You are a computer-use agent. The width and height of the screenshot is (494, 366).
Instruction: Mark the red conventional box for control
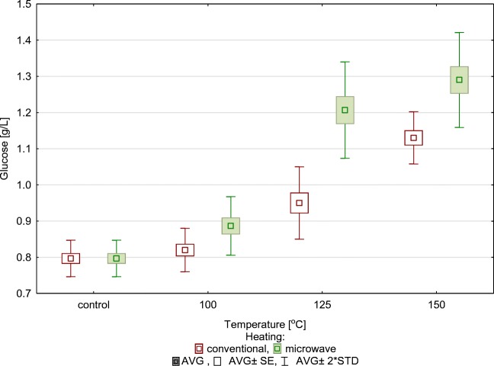coord(70,258)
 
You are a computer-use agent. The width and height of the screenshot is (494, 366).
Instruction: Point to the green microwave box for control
coord(116,258)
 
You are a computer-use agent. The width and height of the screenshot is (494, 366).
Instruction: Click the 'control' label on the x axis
coord(93,305)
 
